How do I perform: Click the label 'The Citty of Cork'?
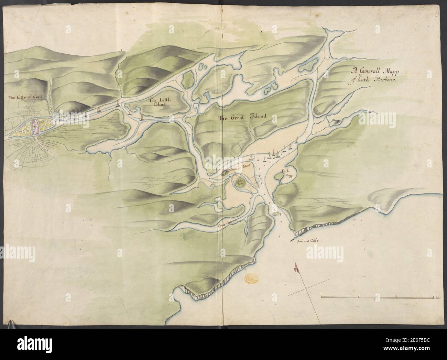click(25, 97)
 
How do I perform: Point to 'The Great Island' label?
click(242, 117)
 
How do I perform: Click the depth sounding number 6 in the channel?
click(265, 194)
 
